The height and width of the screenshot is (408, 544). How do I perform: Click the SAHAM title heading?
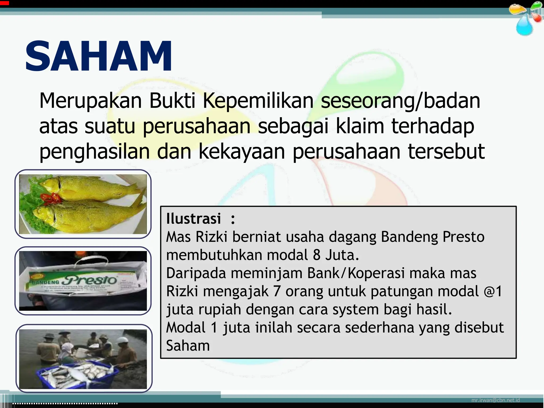(x=99, y=56)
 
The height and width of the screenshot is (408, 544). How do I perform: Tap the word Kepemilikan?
(x=258, y=101)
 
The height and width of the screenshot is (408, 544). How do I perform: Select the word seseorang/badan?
(x=401, y=101)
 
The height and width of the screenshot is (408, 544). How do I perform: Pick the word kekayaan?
(x=242, y=151)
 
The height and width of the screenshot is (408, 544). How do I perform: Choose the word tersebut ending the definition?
(x=446, y=151)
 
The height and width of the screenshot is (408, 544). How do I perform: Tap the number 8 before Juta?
(x=317, y=255)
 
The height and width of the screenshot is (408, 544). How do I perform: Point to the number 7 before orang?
(x=277, y=291)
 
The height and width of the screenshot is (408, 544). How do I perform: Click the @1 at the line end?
(x=493, y=291)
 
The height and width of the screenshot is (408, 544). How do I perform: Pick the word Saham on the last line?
(x=188, y=346)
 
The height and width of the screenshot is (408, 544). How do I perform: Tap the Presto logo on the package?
(x=90, y=280)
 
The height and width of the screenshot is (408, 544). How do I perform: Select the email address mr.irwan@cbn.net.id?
(x=495, y=400)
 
